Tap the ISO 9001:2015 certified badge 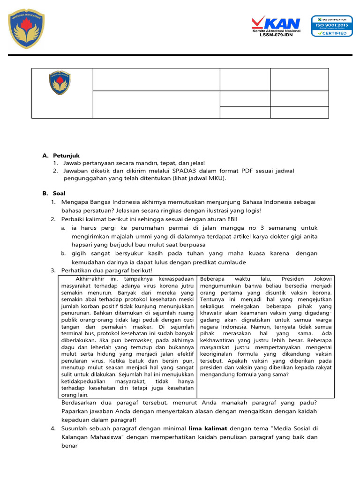(x=332, y=26)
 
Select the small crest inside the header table (x=60, y=83)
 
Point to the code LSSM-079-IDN (x=276, y=35)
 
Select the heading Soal (x=60, y=193)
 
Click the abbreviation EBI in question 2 (x=230, y=219)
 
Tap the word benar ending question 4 (x=69, y=445)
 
